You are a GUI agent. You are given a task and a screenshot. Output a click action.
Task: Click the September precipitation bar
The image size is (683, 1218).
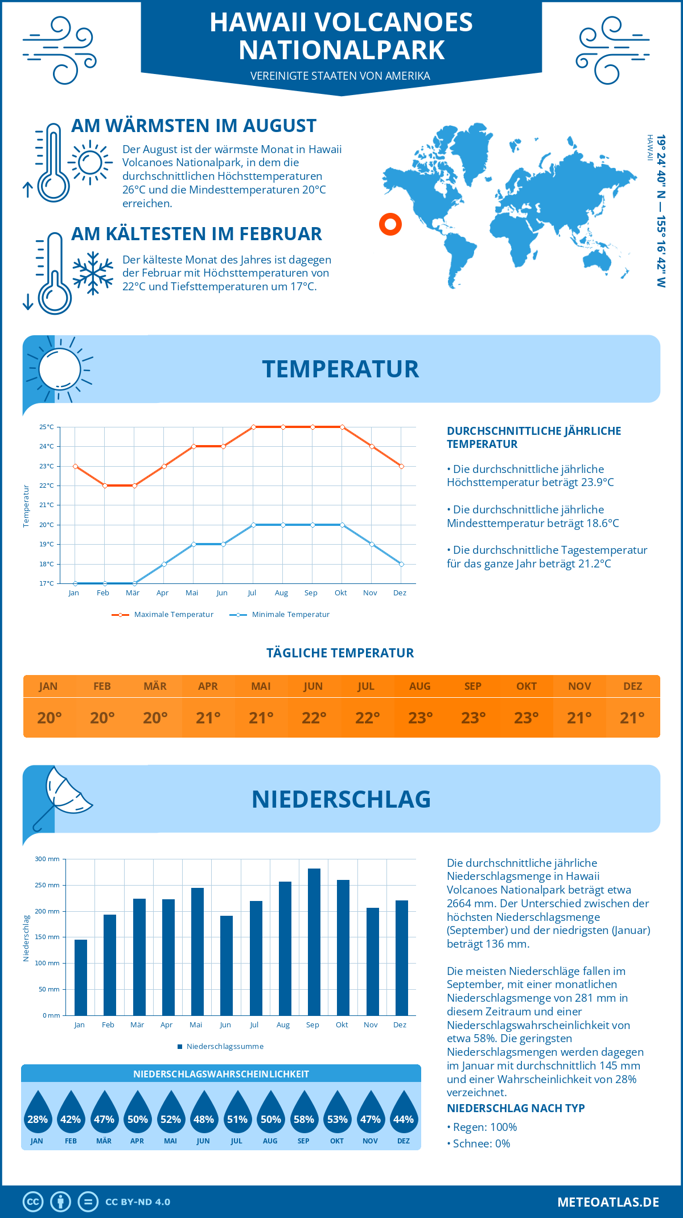point(314,942)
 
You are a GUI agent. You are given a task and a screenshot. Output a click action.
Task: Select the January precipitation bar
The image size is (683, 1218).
point(81,977)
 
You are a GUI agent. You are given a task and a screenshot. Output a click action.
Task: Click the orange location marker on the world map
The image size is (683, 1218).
point(390,224)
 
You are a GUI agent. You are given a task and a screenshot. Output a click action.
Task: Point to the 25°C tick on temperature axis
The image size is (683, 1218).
point(47,427)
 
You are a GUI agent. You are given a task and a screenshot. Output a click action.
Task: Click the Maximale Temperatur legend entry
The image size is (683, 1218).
point(163,615)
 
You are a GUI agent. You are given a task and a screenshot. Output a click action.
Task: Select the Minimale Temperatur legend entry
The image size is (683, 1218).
point(280,615)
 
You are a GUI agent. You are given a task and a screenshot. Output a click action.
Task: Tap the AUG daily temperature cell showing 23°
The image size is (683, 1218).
point(420,718)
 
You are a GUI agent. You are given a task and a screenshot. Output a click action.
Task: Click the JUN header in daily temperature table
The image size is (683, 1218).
point(313,686)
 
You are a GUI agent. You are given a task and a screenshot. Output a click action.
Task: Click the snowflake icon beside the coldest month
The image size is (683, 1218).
point(93,273)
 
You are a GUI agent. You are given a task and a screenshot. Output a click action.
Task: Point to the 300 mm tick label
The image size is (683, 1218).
point(48,859)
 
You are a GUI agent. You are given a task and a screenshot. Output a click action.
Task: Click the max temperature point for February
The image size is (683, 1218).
point(105,485)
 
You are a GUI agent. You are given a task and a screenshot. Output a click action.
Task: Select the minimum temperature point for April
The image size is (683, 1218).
point(164,564)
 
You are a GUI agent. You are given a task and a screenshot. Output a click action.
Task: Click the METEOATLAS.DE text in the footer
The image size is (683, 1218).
point(608,1202)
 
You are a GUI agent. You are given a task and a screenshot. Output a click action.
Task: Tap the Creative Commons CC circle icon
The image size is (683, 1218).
point(33,1202)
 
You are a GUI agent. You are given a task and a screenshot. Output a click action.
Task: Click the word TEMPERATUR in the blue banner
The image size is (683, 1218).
point(340,369)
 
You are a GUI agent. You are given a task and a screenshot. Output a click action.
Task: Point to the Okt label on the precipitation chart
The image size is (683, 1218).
point(341,1025)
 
